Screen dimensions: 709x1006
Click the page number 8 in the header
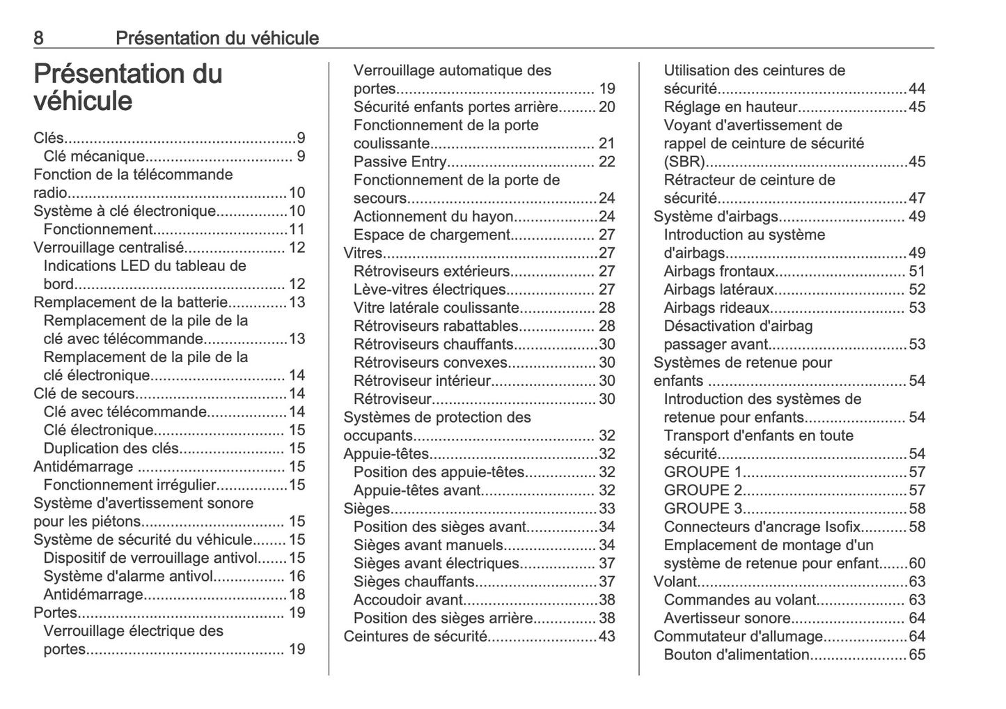point(38,38)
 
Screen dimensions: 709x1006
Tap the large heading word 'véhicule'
point(83,102)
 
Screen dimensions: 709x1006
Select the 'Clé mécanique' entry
point(94,156)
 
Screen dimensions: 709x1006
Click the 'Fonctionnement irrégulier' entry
point(129,485)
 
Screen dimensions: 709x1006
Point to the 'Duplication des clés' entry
point(111,449)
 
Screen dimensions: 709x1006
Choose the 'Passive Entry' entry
point(400,162)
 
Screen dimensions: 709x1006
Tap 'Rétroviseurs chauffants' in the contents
point(434,344)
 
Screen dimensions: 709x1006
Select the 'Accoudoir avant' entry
point(408,600)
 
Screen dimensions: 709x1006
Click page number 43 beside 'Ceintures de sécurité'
point(606,636)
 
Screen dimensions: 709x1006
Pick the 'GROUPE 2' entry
point(703,490)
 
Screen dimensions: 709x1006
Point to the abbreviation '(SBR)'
point(684,162)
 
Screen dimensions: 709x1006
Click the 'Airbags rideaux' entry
point(716,308)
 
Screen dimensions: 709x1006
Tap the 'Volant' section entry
point(675,582)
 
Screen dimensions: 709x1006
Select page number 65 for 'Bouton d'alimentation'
point(917,655)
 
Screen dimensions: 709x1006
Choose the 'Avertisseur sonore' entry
point(727,618)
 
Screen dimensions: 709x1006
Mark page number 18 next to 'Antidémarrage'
point(297,594)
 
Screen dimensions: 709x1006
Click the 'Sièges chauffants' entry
point(414,582)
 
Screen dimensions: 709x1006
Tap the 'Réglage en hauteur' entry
point(730,107)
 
